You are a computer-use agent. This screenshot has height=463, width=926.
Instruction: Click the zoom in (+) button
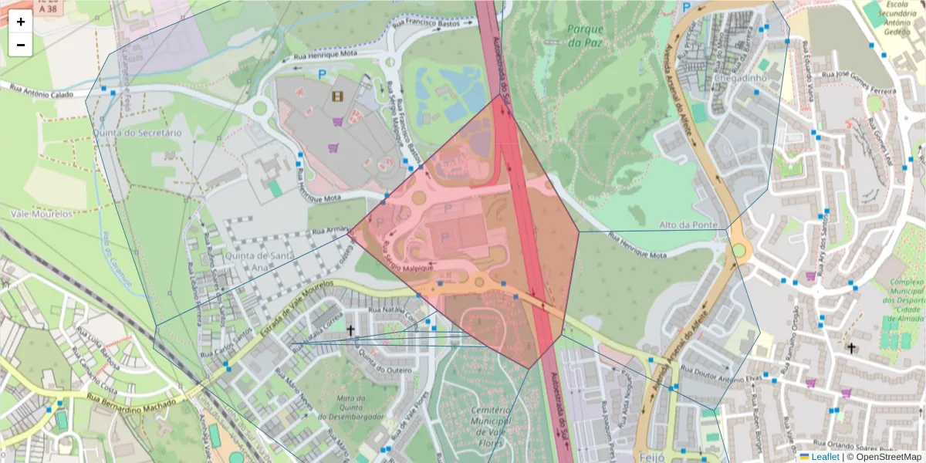coord(21,22)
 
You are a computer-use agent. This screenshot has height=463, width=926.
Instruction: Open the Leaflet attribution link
coord(825,457)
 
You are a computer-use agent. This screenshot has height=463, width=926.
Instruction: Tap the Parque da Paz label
coord(584,35)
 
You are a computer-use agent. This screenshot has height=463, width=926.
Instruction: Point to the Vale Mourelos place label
coord(42,213)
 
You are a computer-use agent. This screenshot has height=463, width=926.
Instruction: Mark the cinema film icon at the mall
coord(337,96)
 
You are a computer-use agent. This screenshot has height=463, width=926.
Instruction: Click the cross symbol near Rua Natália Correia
coord(350,330)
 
